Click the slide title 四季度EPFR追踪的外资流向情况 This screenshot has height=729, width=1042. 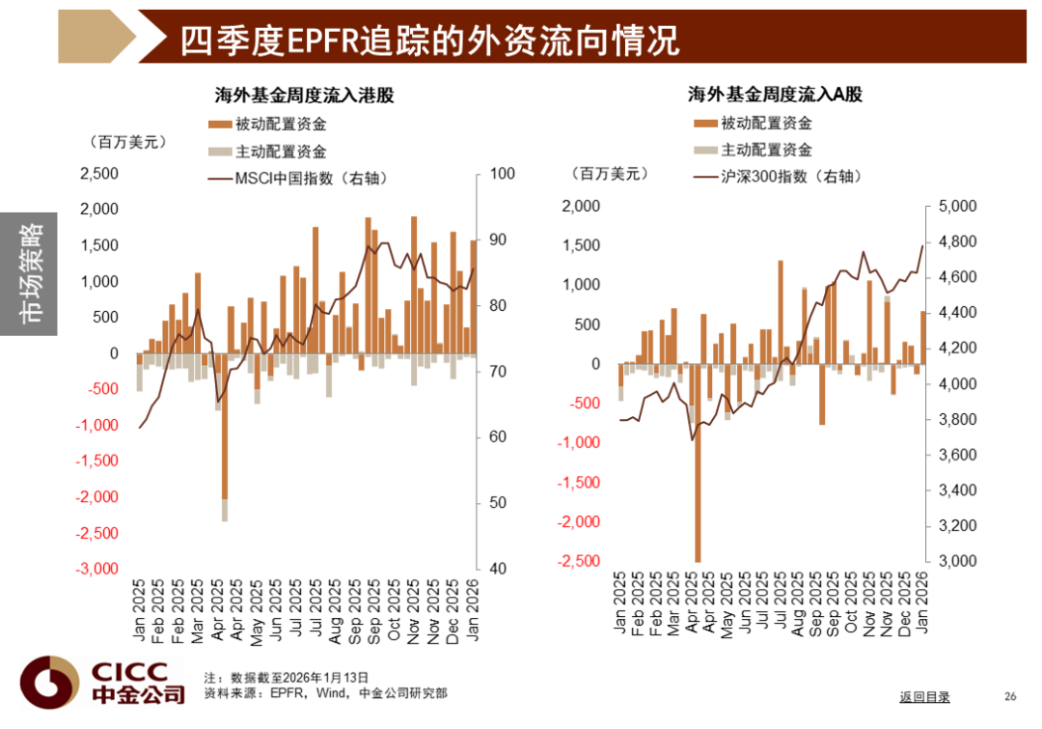[x=429, y=40]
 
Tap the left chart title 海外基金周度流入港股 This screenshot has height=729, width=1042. [x=304, y=95]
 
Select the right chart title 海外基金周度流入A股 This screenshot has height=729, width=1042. [x=774, y=95]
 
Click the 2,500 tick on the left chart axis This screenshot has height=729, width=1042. [x=98, y=174]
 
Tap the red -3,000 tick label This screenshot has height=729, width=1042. [x=96, y=569]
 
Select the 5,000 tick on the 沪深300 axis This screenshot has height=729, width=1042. [x=957, y=207]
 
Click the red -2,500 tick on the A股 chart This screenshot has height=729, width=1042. [x=578, y=561]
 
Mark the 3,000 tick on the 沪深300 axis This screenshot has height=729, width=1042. [x=957, y=561]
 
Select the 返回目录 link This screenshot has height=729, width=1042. [x=924, y=697]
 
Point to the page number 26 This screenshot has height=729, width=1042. [x=1010, y=697]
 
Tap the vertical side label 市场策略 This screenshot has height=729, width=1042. [x=33, y=274]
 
